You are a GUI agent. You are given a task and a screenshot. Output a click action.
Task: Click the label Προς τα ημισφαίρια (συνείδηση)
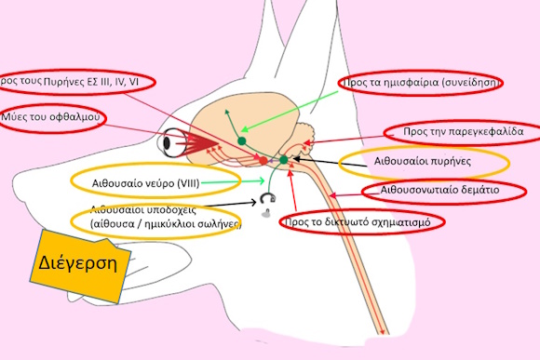[424, 83]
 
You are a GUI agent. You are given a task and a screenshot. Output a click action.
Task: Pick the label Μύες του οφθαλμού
[51, 119]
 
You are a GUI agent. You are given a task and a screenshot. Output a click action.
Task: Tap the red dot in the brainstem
[263, 161]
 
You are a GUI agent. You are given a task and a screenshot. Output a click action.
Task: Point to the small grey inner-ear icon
[269, 200]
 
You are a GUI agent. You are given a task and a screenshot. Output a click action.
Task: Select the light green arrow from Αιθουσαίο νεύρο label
[223, 181]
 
